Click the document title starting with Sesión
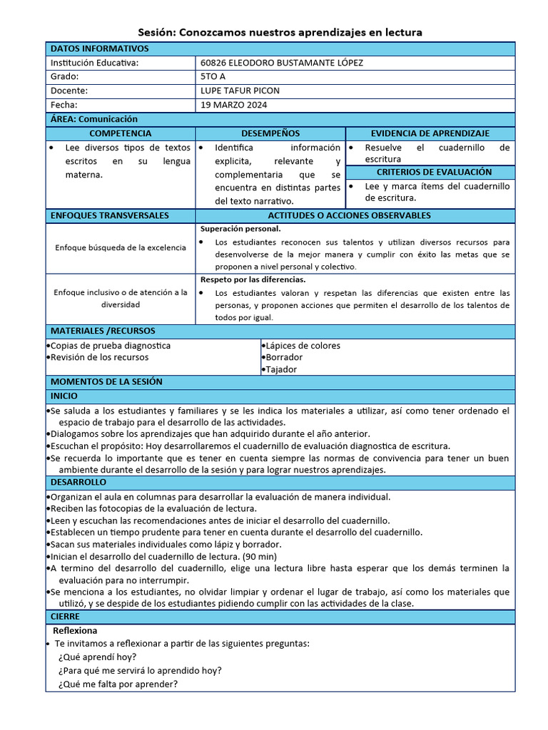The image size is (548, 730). click(x=280, y=32)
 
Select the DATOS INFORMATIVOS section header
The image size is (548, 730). click(x=100, y=48)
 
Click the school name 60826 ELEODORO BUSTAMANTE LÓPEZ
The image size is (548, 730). click(x=282, y=63)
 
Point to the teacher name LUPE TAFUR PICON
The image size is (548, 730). click(x=240, y=91)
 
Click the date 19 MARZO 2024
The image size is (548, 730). click(x=234, y=105)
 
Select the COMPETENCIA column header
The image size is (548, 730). click(x=120, y=133)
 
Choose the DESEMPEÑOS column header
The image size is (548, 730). click(x=270, y=133)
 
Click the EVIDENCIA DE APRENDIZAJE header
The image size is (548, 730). click(x=430, y=133)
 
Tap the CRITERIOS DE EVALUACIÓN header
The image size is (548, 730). click(x=430, y=172)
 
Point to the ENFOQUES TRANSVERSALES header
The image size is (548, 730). click(x=110, y=215)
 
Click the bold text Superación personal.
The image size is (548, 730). click(x=240, y=229)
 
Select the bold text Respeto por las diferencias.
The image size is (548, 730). click(x=253, y=279)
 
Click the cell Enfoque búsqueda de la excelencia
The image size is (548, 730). click(x=121, y=247)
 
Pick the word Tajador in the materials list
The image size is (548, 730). click(x=281, y=369)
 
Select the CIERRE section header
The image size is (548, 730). click(x=65, y=616)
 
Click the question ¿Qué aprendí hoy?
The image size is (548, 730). click(x=98, y=657)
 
